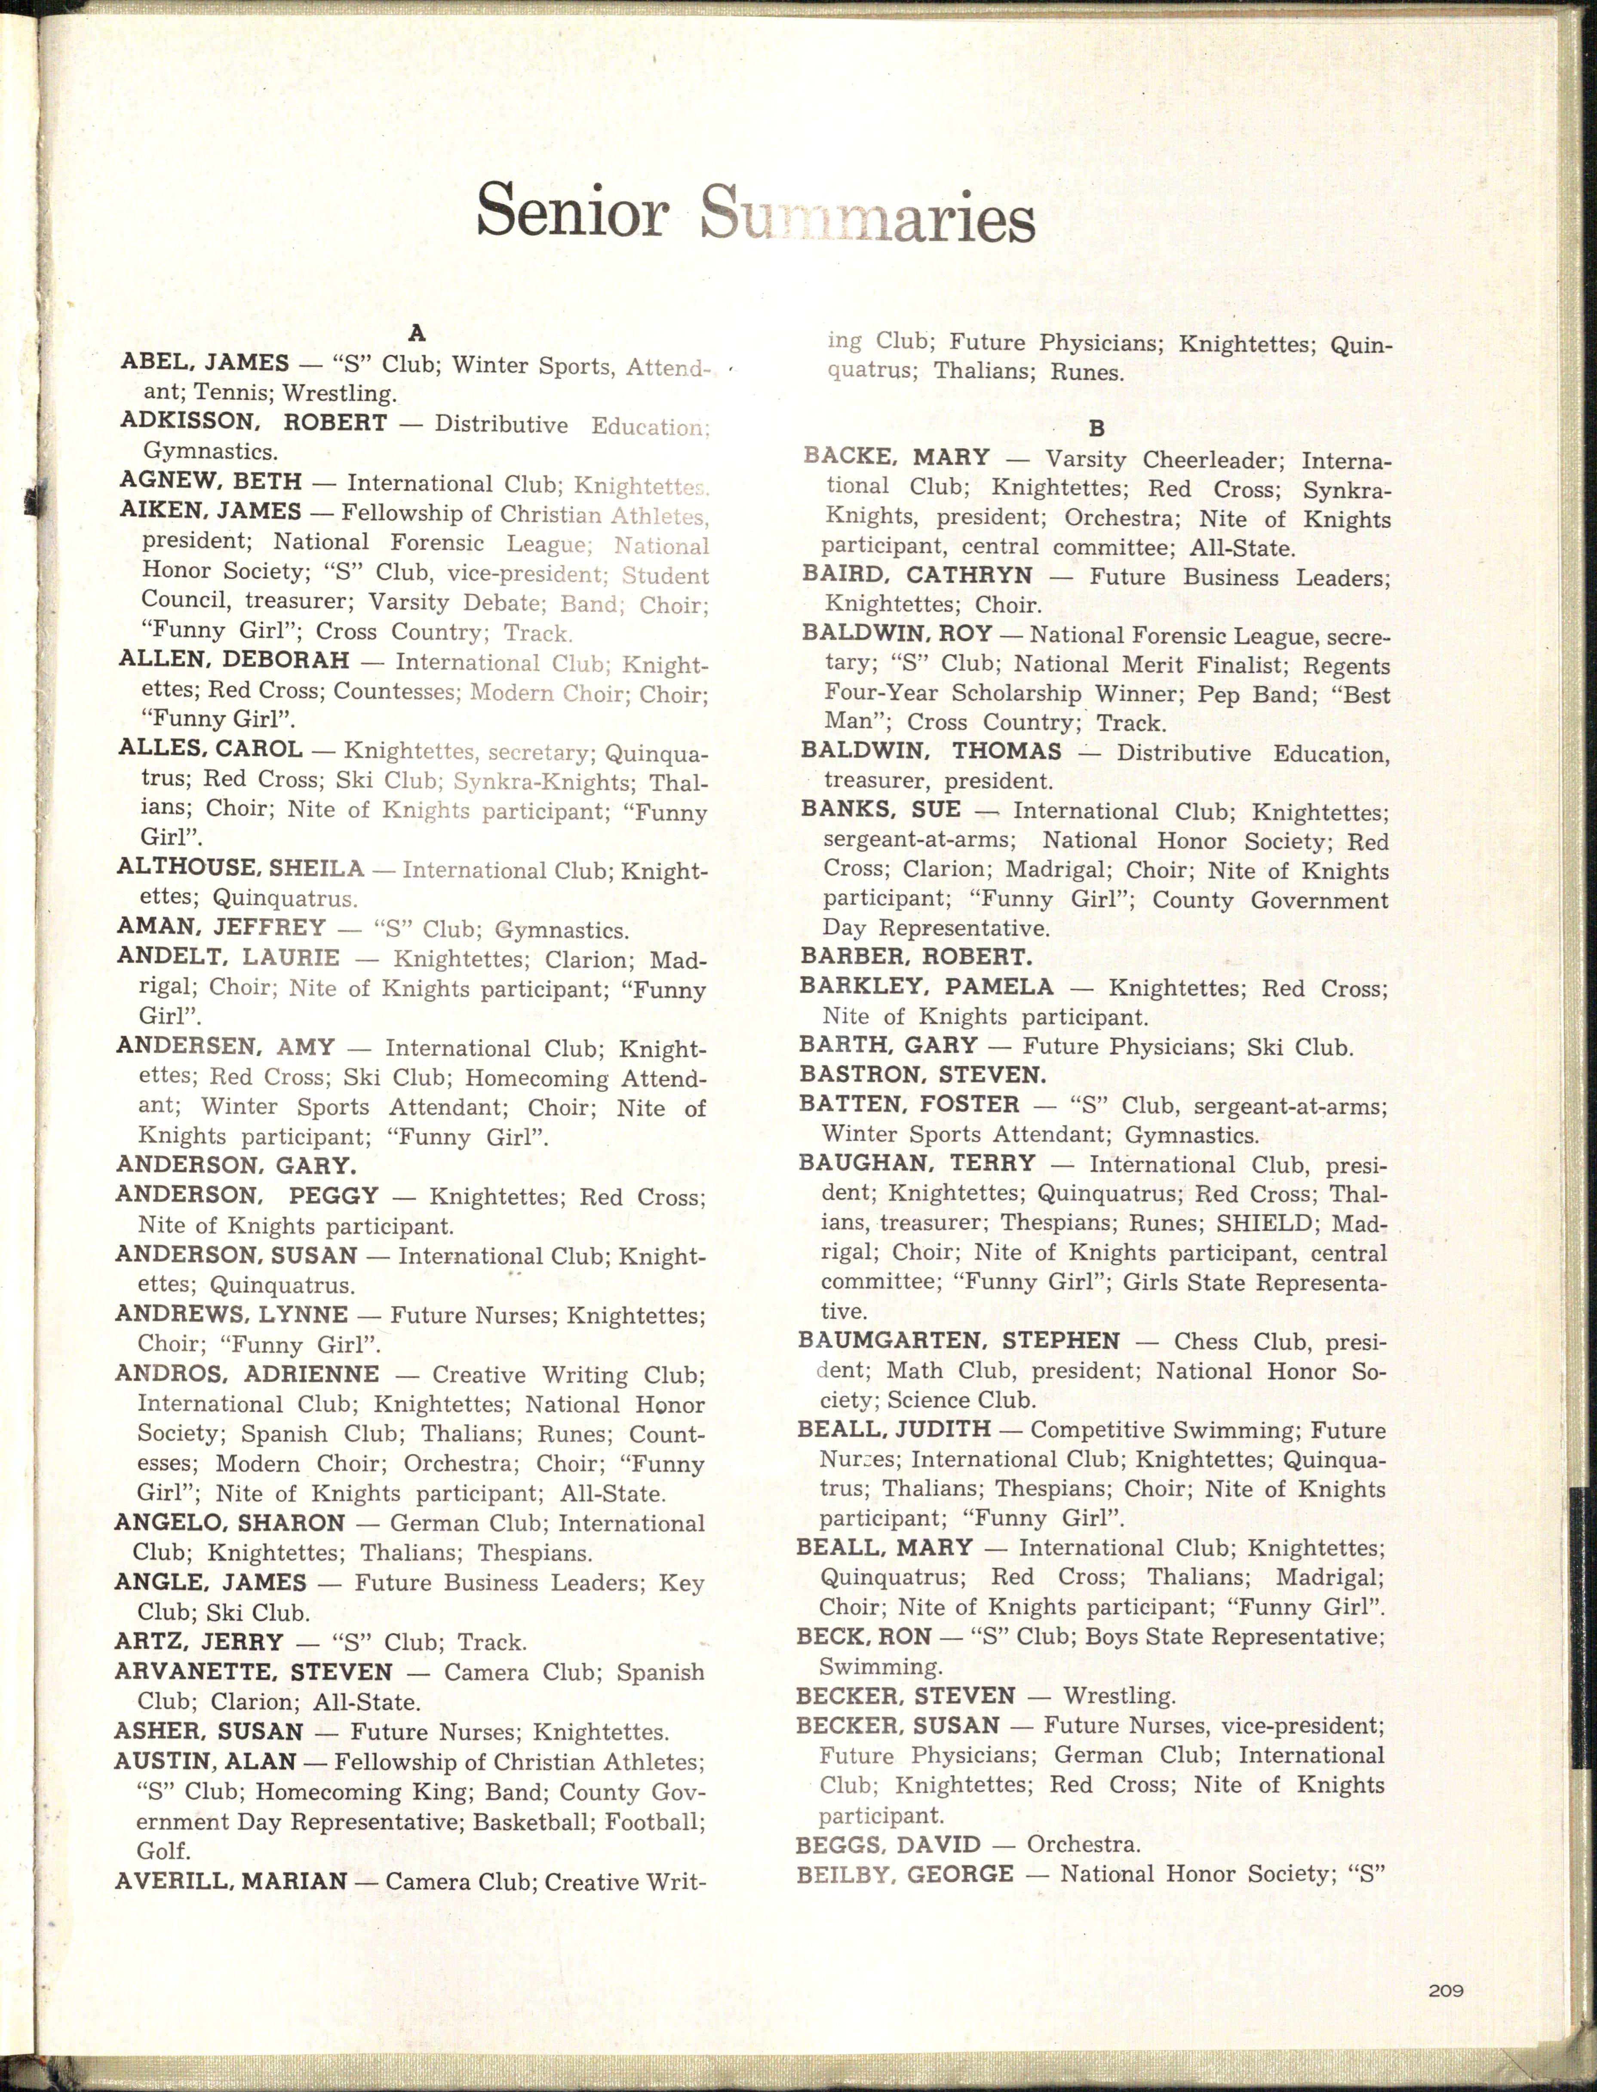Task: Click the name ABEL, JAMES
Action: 206,362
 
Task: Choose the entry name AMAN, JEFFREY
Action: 221,927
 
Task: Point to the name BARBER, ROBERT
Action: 915,957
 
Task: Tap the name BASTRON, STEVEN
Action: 922,1075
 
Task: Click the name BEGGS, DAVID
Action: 888,1845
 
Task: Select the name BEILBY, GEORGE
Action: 904,1874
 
